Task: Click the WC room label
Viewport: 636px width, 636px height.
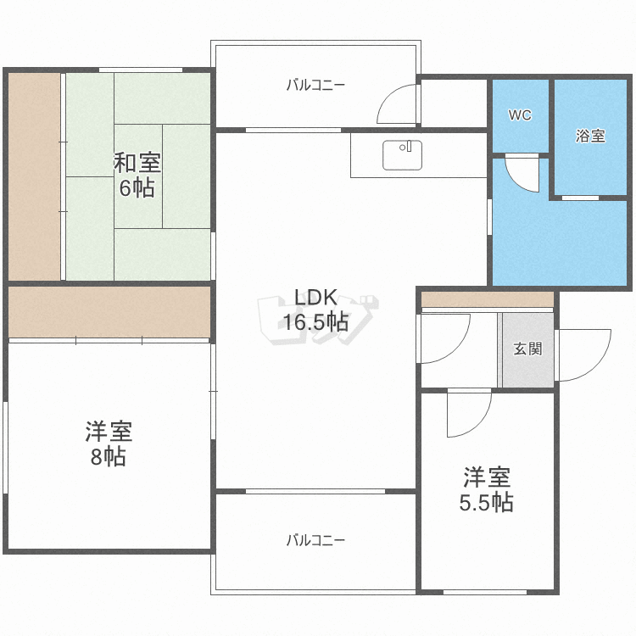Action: (x=520, y=115)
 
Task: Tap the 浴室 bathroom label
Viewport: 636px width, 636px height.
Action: (x=590, y=136)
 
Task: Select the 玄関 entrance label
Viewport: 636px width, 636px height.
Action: (x=527, y=349)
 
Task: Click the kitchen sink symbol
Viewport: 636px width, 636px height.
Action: (x=402, y=155)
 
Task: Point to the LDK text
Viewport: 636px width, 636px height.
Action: (x=315, y=298)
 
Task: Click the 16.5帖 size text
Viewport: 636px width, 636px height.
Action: (x=315, y=322)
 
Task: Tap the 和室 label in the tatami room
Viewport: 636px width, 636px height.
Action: (x=137, y=163)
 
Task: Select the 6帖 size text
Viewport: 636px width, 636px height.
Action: (x=137, y=187)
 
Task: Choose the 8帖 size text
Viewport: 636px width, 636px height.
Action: (x=109, y=457)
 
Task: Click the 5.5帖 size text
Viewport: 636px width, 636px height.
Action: (x=487, y=503)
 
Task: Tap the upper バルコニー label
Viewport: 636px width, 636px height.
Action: (x=315, y=85)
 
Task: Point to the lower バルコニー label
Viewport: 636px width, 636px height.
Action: (x=315, y=540)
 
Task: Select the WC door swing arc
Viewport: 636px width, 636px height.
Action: (x=515, y=181)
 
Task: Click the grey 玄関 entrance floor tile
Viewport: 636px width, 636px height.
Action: (x=528, y=350)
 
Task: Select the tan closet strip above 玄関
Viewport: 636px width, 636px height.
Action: (x=488, y=299)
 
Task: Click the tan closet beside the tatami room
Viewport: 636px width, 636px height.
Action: (x=35, y=176)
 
